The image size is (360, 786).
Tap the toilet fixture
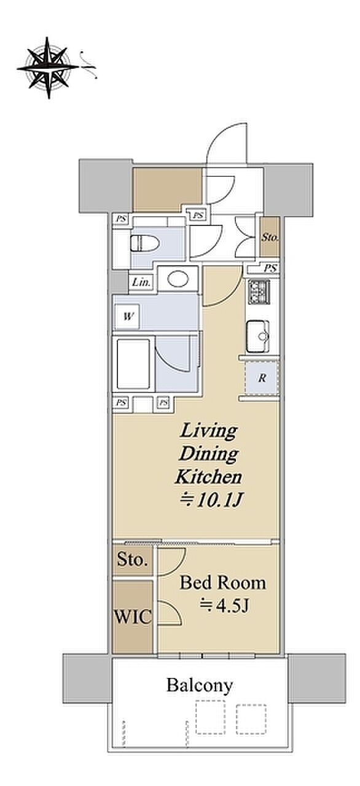144,243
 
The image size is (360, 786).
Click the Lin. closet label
141,282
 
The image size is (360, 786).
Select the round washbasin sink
178,279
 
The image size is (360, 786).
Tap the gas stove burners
259,292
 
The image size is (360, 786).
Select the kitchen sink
257,336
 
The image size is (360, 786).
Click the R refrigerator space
262,378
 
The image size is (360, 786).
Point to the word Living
208,431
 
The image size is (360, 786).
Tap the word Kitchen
208,477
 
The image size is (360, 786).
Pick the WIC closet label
133,617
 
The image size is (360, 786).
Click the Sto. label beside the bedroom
132,560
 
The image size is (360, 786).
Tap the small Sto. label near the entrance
270,237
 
